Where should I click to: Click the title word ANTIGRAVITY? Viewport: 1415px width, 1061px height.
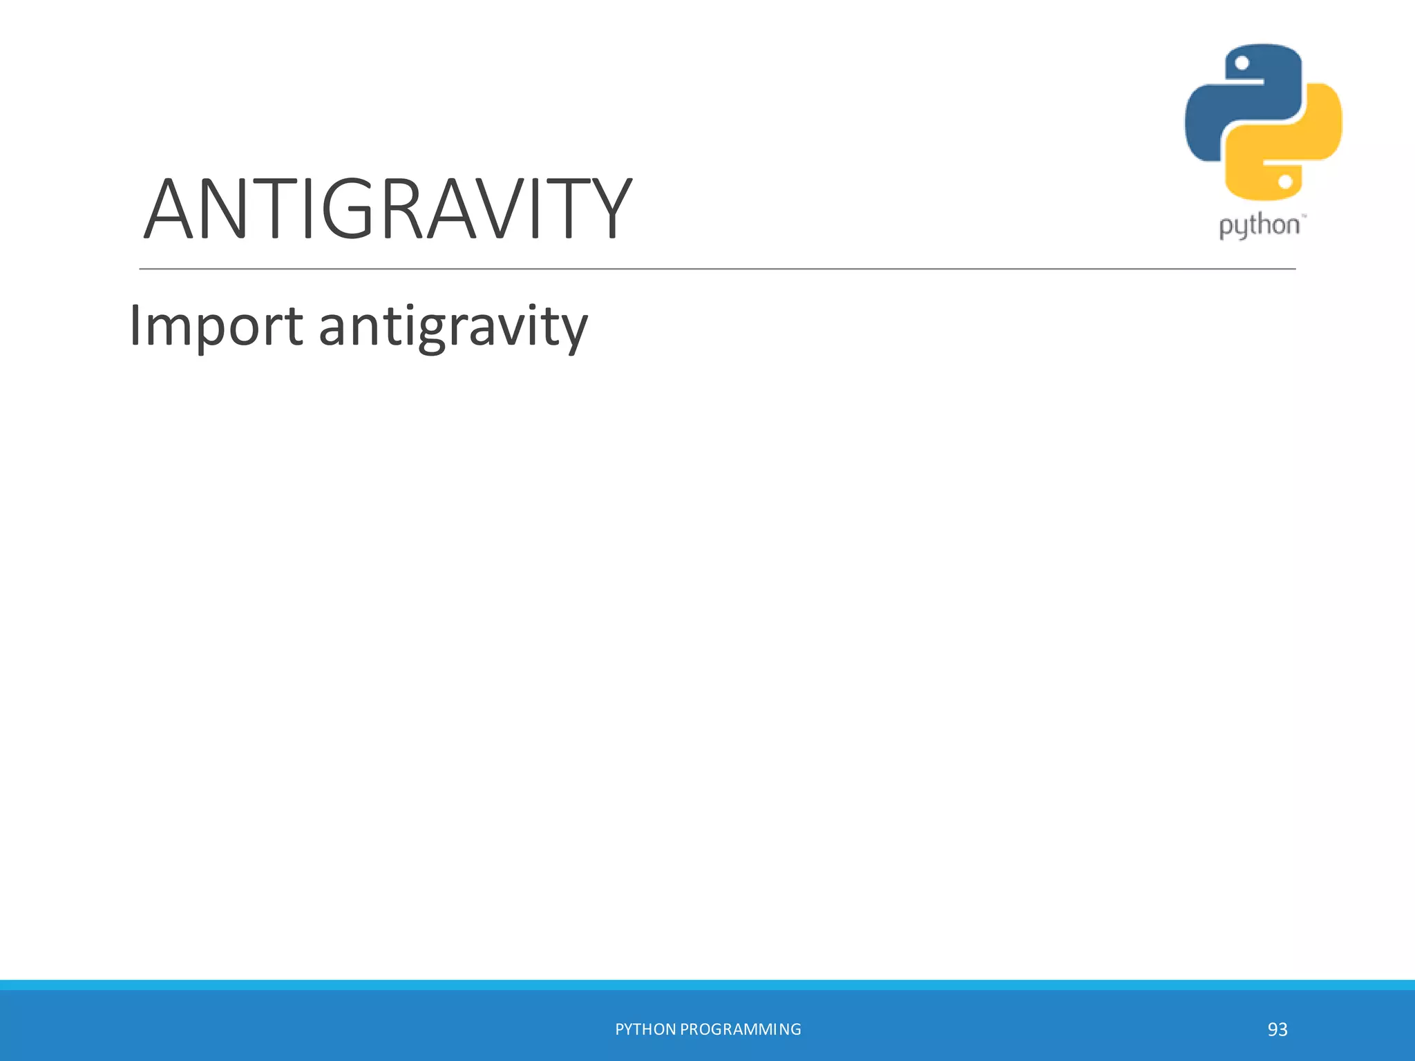point(387,209)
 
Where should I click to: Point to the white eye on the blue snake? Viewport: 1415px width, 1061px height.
point(1242,64)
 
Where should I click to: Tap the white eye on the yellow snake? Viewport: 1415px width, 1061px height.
point(1285,182)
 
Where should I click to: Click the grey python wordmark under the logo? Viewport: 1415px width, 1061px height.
point(1259,227)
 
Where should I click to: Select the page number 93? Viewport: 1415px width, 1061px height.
point(1278,1029)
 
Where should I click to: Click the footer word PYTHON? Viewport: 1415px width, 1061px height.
point(645,1029)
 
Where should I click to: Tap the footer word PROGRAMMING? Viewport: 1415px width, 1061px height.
point(741,1029)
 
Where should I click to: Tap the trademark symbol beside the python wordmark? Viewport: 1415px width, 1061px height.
point(1304,216)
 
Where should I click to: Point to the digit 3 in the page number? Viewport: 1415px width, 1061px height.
point(1283,1029)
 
